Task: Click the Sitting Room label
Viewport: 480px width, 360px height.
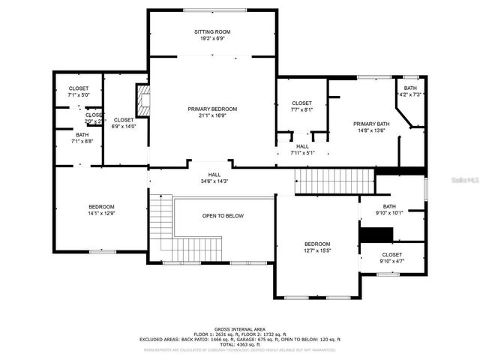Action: click(x=212, y=31)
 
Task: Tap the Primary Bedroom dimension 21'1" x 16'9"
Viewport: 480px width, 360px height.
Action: click(x=212, y=115)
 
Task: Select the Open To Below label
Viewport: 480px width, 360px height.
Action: click(x=223, y=216)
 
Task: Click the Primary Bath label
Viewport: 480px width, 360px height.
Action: click(x=371, y=124)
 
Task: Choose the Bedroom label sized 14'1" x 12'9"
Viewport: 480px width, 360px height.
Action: click(x=101, y=207)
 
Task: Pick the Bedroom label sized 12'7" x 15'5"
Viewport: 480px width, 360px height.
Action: click(x=316, y=244)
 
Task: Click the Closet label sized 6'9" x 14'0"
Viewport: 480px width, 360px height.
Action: click(x=124, y=120)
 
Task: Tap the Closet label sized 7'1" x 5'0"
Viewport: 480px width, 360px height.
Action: click(x=78, y=88)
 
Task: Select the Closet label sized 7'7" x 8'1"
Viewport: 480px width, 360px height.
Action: click(x=301, y=103)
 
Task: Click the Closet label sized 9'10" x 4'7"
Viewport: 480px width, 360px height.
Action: click(x=391, y=255)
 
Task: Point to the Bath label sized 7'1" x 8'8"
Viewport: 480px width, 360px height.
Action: click(x=82, y=135)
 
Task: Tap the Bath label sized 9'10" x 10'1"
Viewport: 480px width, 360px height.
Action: click(x=389, y=206)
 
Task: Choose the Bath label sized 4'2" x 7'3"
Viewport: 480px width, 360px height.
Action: click(x=410, y=88)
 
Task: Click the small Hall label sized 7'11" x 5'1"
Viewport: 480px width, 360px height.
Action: click(x=302, y=146)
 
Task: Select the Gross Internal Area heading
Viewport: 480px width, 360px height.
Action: click(x=241, y=328)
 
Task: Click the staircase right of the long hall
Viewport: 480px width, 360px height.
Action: click(x=334, y=181)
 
